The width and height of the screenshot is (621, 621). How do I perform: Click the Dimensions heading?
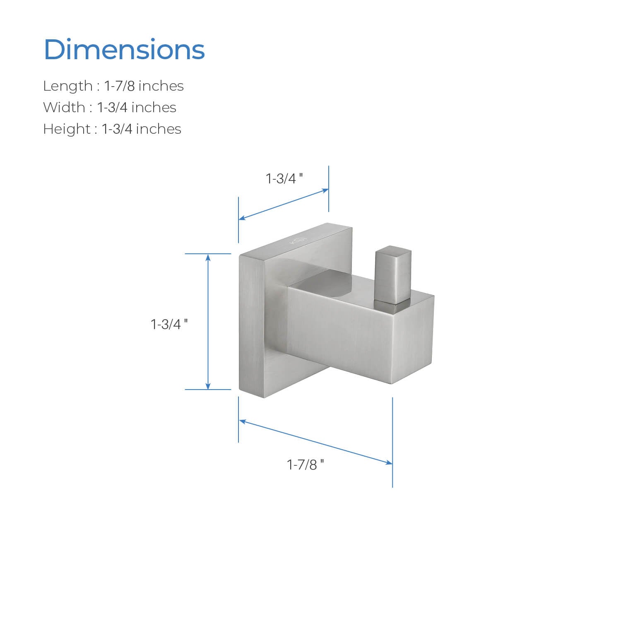[x=124, y=50]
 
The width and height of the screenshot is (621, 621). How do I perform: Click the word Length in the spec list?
[x=68, y=86]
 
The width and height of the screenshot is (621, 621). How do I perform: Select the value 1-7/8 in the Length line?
[x=119, y=86]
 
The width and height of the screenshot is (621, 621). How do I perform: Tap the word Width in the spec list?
[x=64, y=108]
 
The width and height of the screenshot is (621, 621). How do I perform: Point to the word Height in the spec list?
[x=67, y=129]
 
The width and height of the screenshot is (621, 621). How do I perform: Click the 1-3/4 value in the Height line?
[x=117, y=129]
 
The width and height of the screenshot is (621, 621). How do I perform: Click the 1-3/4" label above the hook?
[x=284, y=179]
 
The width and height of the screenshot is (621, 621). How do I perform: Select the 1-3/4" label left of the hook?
[x=169, y=324]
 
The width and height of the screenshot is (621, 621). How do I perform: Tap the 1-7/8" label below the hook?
[x=305, y=465]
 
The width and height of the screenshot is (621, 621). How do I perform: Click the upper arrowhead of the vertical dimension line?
[x=208, y=257]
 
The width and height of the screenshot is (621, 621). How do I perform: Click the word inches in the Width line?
[x=154, y=108]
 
